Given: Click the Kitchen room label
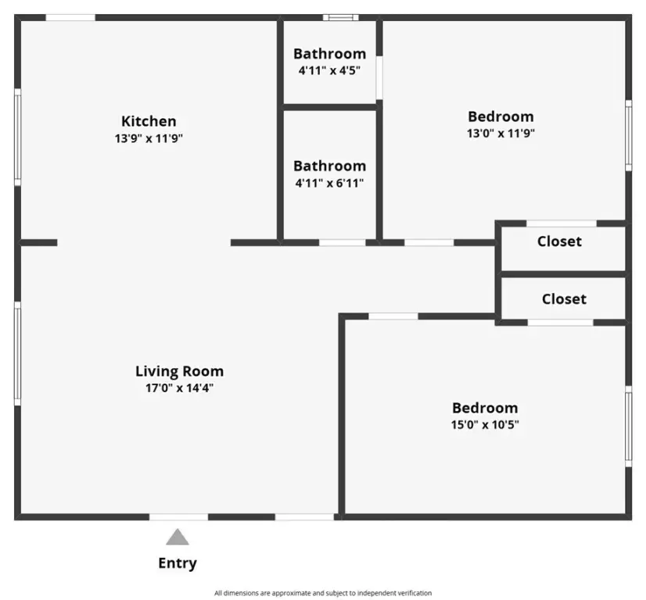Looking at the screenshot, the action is pyautogui.click(x=149, y=121).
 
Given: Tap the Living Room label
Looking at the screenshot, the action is pyautogui.click(x=180, y=371).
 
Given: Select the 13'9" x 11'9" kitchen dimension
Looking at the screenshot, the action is pyautogui.click(x=149, y=138).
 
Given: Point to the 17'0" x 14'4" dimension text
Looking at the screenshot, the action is pyautogui.click(x=180, y=388).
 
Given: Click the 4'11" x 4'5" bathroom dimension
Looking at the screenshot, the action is pyautogui.click(x=329, y=70).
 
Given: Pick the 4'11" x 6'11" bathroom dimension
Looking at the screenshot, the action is pyautogui.click(x=329, y=183).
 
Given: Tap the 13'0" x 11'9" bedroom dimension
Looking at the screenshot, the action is pyautogui.click(x=501, y=134).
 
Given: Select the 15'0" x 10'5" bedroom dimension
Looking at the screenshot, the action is pyautogui.click(x=485, y=424).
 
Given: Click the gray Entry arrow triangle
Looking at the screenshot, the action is pyautogui.click(x=178, y=537).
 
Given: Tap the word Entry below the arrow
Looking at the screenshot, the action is pyautogui.click(x=178, y=563).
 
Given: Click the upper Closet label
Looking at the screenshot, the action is pyautogui.click(x=559, y=241).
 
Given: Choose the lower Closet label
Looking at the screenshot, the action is pyautogui.click(x=564, y=298).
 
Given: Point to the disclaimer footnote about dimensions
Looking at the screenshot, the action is pyautogui.click(x=323, y=593).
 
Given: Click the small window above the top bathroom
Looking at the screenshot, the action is pyautogui.click(x=341, y=17).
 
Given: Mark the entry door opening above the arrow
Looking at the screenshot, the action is pyautogui.click(x=179, y=517).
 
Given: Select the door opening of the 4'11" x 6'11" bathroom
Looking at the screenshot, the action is pyautogui.click(x=343, y=243).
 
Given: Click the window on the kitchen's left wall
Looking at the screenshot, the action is pyautogui.click(x=18, y=137).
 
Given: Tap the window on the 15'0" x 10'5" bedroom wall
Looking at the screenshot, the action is pyautogui.click(x=628, y=427).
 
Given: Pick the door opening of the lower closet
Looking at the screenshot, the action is pyautogui.click(x=560, y=323).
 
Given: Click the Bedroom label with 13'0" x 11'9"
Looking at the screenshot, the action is pyautogui.click(x=501, y=116).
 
